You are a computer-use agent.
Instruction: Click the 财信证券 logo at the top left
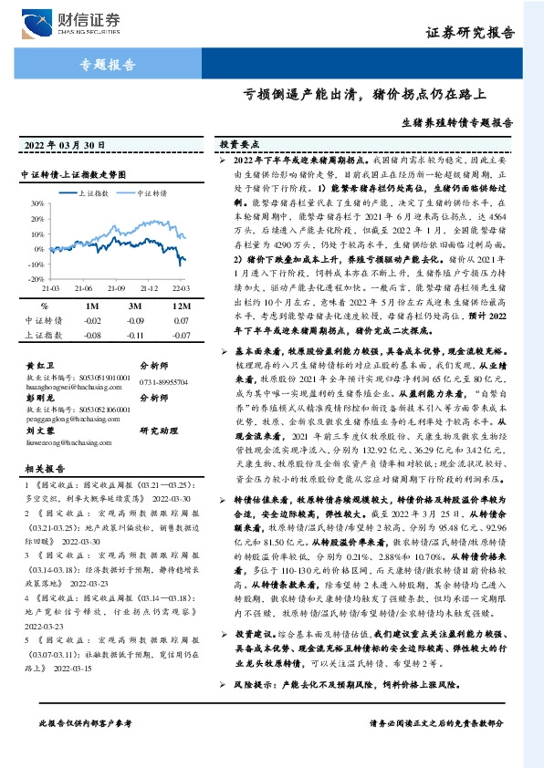[68, 19]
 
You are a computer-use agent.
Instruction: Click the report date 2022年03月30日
[60, 144]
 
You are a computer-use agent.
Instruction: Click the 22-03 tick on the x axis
[182, 273]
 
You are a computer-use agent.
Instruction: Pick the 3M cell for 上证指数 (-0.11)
[135, 336]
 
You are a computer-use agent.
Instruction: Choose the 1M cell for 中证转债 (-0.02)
[92, 321]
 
